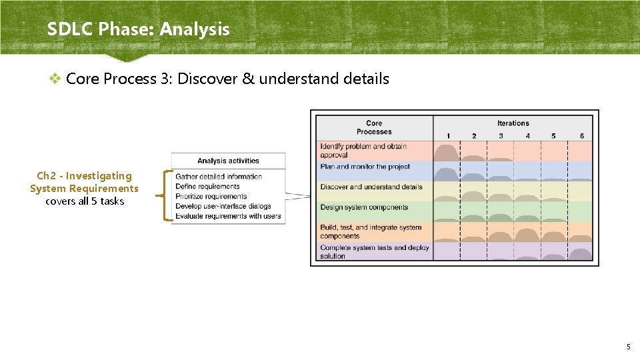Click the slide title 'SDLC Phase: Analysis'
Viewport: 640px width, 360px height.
[x=138, y=29]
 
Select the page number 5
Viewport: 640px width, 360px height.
[x=628, y=347]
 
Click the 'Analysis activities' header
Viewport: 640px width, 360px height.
[x=228, y=161]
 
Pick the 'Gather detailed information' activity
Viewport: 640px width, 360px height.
[x=219, y=177]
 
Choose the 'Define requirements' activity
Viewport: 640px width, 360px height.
[x=207, y=187]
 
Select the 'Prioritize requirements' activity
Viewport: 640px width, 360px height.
[x=211, y=197]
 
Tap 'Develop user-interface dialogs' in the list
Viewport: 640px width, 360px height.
[x=223, y=206]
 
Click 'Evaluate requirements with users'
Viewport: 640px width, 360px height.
[x=228, y=216]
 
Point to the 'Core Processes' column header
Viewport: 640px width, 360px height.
[x=374, y=127]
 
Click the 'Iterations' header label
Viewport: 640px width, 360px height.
[x=513, y=123]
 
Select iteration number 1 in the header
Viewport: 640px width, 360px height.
[x=448, y=136]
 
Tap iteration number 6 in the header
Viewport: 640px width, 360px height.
[x=581, y=136]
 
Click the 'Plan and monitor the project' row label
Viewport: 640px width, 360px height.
[x=365, y=167]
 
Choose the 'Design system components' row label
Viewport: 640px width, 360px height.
[x=363, y=207]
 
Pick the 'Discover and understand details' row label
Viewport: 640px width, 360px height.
[x=371, y=187]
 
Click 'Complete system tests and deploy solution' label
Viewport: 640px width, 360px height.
[x=374, y=252]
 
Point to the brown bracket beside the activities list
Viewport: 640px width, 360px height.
[x=164, y=196]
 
